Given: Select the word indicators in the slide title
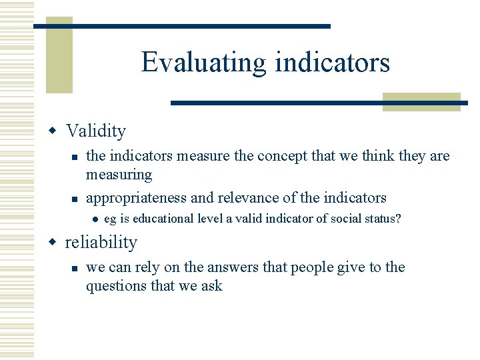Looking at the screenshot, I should [x=332, y=63].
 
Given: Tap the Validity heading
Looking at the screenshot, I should [x=96, y=131].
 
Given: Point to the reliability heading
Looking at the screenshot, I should [x=101, y=242].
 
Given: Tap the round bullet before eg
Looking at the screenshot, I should [x=96, y=219].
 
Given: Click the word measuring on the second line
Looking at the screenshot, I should [x=119, y=175].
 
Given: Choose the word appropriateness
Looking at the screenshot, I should [x=137, y=198].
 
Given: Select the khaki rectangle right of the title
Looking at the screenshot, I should [x=421, y=101].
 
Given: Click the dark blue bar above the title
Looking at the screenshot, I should [x=182, y=26].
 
